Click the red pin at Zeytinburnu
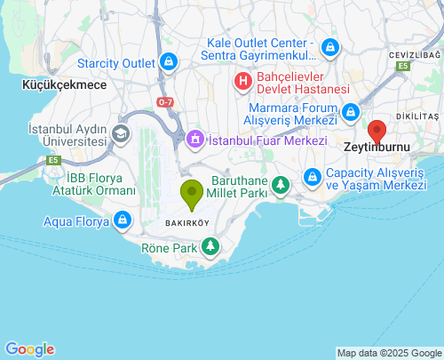pyautogui.click(x=377, y=132)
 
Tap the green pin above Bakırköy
pyautogui.click(x=191, y=192)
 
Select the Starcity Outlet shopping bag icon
pyautogui.click(x=168, y=62)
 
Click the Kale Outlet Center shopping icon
pyautogui.click(x=329, y=46)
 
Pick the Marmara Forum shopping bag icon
pyautogui.click(x=352, y=112)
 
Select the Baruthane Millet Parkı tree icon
pyautogui.click(x=281, y=185)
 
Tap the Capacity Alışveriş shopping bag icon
pyautogui.click(x=313, y=178)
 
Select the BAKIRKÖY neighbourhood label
pyautogui.click(x=187, y=222)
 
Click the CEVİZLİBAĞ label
pyautogui.click(x=408, y=55)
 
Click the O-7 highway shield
pyautogui.click(x=166, y=102)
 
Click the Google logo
pyautogui.click(x=29, y=349)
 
